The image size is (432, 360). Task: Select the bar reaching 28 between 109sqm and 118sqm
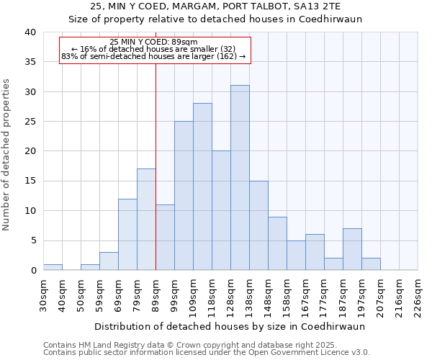[x=202, y=186]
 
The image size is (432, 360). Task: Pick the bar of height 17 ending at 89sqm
[x=146, y=220]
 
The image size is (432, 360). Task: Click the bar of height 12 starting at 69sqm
[x=127, y=235]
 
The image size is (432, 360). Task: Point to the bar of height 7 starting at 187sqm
[x=352, y=249]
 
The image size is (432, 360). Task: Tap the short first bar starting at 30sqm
[x=53, y=267]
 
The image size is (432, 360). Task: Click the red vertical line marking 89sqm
[x=156, y=180]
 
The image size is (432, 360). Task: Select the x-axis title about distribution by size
[x=230, y=326]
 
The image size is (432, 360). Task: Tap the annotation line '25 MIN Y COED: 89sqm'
[x=154, y=42]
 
